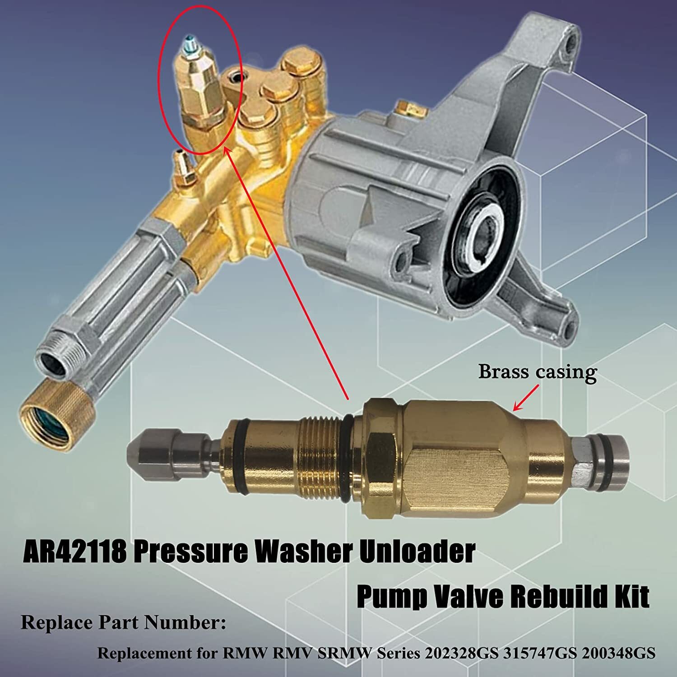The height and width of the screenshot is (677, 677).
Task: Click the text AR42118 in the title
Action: (x=74, y=552)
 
